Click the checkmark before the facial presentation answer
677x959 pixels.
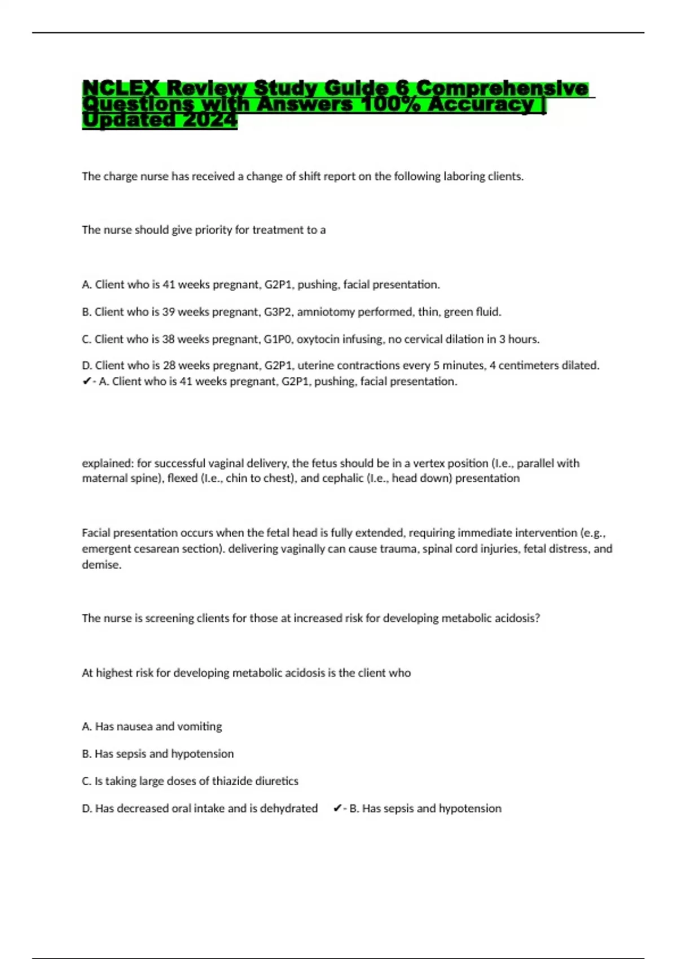86,382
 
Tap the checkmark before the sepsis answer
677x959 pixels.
337,809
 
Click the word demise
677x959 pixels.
102,565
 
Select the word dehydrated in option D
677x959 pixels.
289,808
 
